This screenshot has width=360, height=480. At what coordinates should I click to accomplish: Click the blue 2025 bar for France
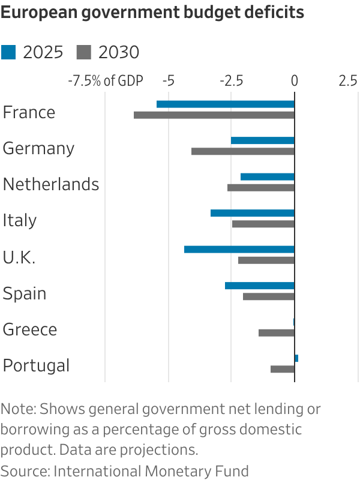point(226,104)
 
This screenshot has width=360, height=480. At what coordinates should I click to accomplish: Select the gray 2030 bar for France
point(214,115)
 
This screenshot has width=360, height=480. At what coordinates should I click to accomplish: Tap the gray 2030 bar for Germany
point(243,151)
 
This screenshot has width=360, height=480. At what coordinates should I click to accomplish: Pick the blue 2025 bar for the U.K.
point(239,250)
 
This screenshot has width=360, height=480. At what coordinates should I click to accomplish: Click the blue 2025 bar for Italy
point(253,213)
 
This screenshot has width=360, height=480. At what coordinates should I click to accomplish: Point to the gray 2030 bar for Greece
point(277,332)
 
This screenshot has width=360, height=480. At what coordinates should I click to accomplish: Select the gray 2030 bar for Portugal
point(283,369)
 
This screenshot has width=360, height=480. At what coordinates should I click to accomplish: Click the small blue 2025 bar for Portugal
point(296,358)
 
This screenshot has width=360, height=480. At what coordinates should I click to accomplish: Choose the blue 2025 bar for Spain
point(260,286)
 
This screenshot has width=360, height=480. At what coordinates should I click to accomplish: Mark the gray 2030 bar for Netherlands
point(261,188)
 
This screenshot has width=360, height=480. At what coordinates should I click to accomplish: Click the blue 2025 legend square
point(8,53)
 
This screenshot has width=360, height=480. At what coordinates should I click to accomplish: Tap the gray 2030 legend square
point(83,53)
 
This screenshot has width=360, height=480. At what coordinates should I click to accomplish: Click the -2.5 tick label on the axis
point(231,81)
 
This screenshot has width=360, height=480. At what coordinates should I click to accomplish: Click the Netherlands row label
point(51,184)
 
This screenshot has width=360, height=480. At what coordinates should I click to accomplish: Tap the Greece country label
point(30,329)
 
